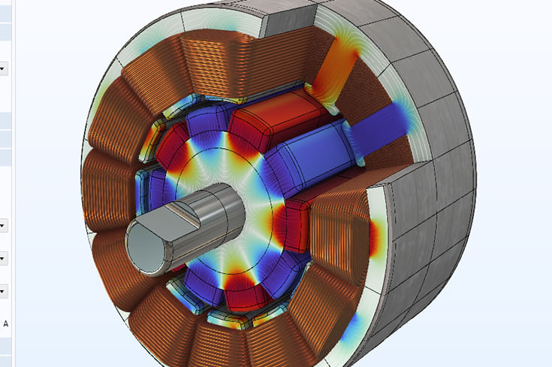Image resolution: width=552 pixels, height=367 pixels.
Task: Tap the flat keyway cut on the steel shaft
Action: pyautogui.click(x=183, y=214)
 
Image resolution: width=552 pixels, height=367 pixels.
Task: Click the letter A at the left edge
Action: pyautogui.click(x=6, y=323)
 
